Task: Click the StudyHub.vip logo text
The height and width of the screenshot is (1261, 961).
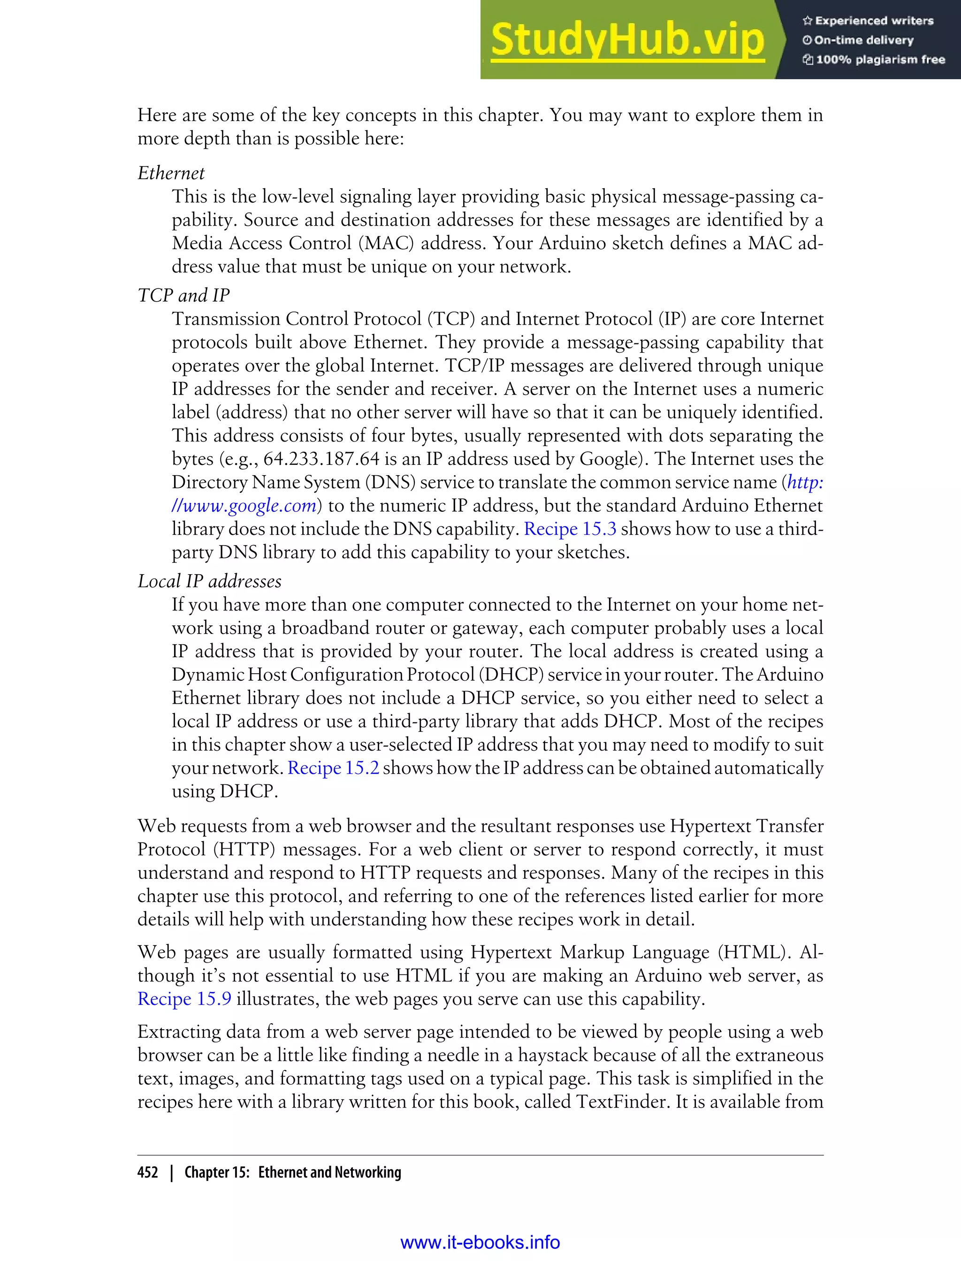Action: tap(627, 40)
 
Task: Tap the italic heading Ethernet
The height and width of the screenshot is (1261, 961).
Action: tap(171, 173)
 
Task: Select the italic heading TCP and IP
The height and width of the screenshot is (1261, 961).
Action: tap(183, 296)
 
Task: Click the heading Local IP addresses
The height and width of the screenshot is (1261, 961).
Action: tap(209, 582)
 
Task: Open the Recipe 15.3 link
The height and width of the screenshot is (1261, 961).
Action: tap(570, 529)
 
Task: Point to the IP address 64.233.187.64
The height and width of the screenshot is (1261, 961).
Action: tap(321, 459)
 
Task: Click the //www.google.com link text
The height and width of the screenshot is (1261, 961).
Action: tap(244, 506)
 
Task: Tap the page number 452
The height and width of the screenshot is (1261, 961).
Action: tap(148, 1172)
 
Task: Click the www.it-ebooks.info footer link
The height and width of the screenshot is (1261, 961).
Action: tap(480, 1242)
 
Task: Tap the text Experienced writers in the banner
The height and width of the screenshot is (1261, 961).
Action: tap(873, 21)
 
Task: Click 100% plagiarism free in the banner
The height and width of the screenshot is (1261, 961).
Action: tap(880, 60)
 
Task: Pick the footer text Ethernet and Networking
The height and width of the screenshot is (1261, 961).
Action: tap(329, 1172)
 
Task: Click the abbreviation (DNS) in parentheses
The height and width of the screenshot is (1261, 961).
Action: tap(390, 483)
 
